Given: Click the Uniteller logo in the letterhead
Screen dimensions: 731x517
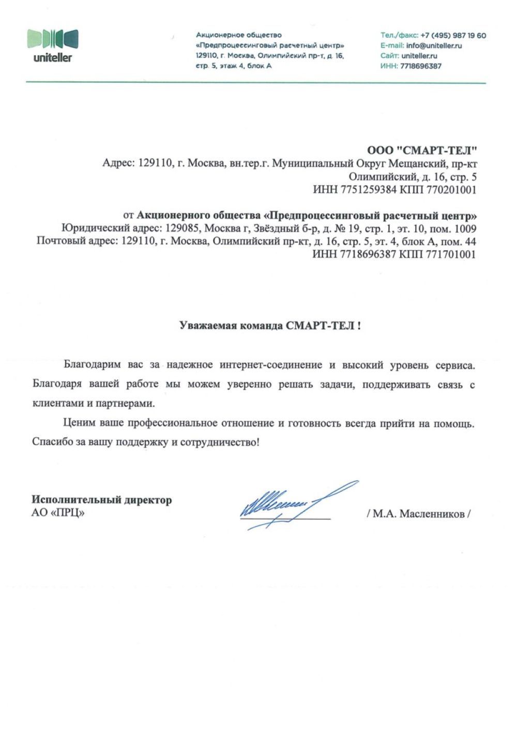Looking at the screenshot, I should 53,45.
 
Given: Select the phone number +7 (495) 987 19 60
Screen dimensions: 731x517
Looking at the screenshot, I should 453,35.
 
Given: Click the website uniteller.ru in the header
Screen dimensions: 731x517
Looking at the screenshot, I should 419,55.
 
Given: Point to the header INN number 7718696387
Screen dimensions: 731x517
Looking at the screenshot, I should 421,66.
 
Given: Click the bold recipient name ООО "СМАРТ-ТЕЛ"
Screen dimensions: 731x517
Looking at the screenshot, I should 421,150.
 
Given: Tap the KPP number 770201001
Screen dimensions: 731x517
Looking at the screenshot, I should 451,190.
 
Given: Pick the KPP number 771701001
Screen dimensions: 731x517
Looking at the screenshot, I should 451,254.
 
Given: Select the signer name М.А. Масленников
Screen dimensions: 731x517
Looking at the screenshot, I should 418,514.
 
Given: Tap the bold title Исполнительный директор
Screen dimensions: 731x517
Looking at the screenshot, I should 102,499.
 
